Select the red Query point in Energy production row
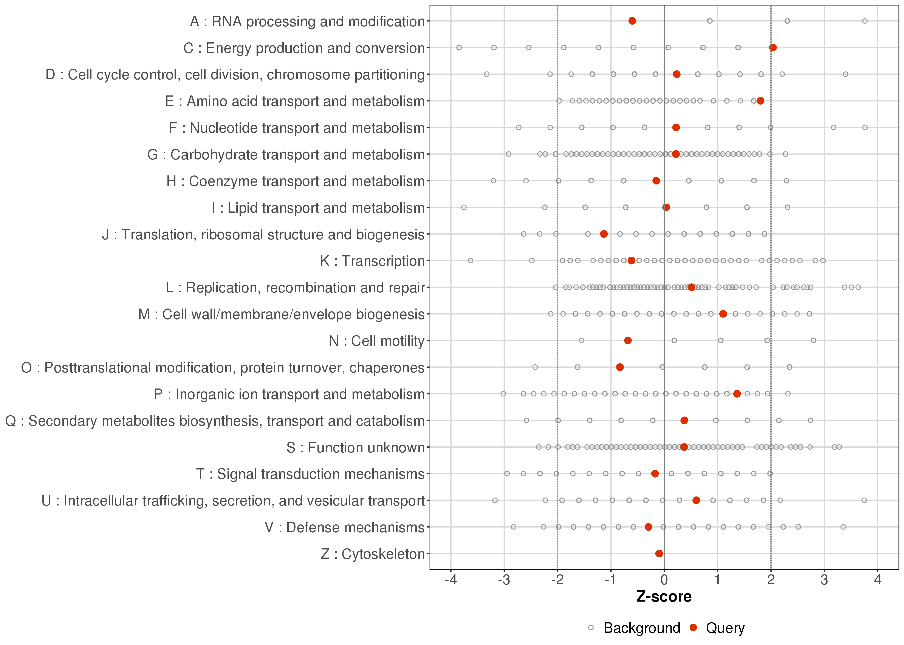point(773,48)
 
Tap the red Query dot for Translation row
point(604,234)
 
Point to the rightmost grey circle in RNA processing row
point(865,21)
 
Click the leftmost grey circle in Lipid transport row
point(464,207)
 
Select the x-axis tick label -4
point(451,580)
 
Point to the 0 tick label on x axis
point(664,580)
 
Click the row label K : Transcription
point(373,261)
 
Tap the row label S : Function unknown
point(356,448)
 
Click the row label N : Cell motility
point(377,341)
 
